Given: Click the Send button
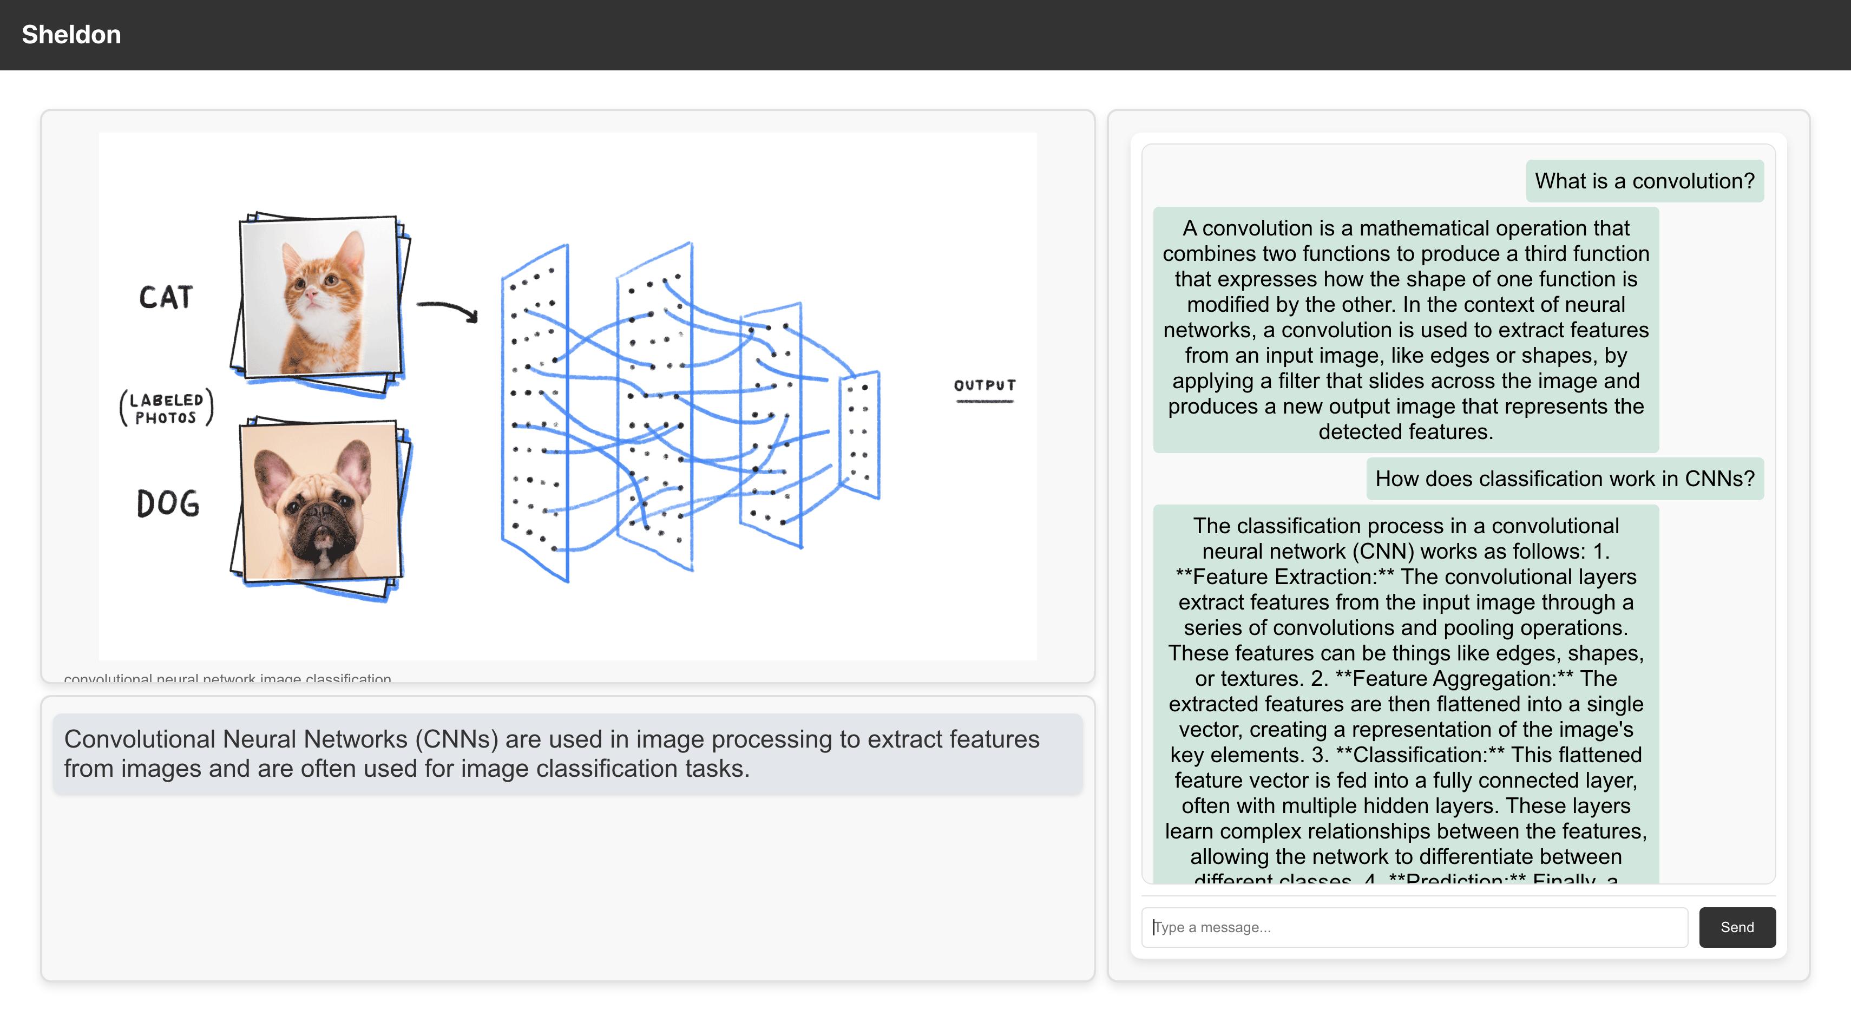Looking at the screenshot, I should (x=1736, y=927).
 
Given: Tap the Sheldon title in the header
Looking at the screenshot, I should (x=71, y=35).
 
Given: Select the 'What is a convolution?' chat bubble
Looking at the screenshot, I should (x=1644, y=181).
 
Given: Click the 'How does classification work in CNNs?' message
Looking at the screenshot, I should (x=1564, y=479).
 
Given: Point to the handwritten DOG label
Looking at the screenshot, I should (x=168, y=504).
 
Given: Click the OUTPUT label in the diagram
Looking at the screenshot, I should (x=984, y=385).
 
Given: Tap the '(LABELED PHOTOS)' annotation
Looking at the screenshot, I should (x=167, y=408).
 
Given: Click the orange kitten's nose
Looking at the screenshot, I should (x=311, y=294).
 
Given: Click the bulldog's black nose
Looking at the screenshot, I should (x=318, y=513).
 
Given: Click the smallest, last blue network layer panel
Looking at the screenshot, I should (x=860, y=434).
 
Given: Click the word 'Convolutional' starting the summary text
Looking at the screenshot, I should (x=140, y=739).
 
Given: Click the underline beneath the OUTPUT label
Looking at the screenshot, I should (x=984, y=401).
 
